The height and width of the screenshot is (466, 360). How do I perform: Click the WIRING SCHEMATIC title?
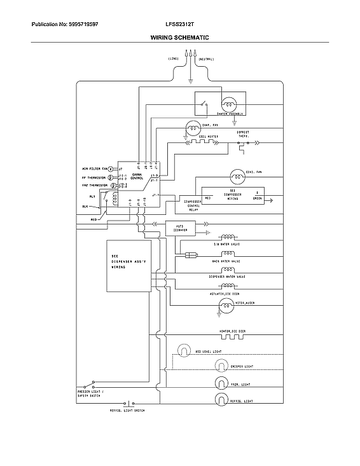click(179, 38)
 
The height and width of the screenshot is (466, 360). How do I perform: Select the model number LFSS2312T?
click(179, 24)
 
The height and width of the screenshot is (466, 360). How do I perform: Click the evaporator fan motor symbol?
click(191, 127)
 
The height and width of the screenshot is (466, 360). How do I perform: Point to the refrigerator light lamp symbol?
click(221, 399)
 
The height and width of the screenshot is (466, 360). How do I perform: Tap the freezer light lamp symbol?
click(221, 382)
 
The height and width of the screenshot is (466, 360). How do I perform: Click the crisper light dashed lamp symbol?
click(221, 366)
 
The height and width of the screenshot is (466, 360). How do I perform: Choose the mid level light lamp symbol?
click(183, 350)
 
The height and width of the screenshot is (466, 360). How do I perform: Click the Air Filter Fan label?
click(93, 170)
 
